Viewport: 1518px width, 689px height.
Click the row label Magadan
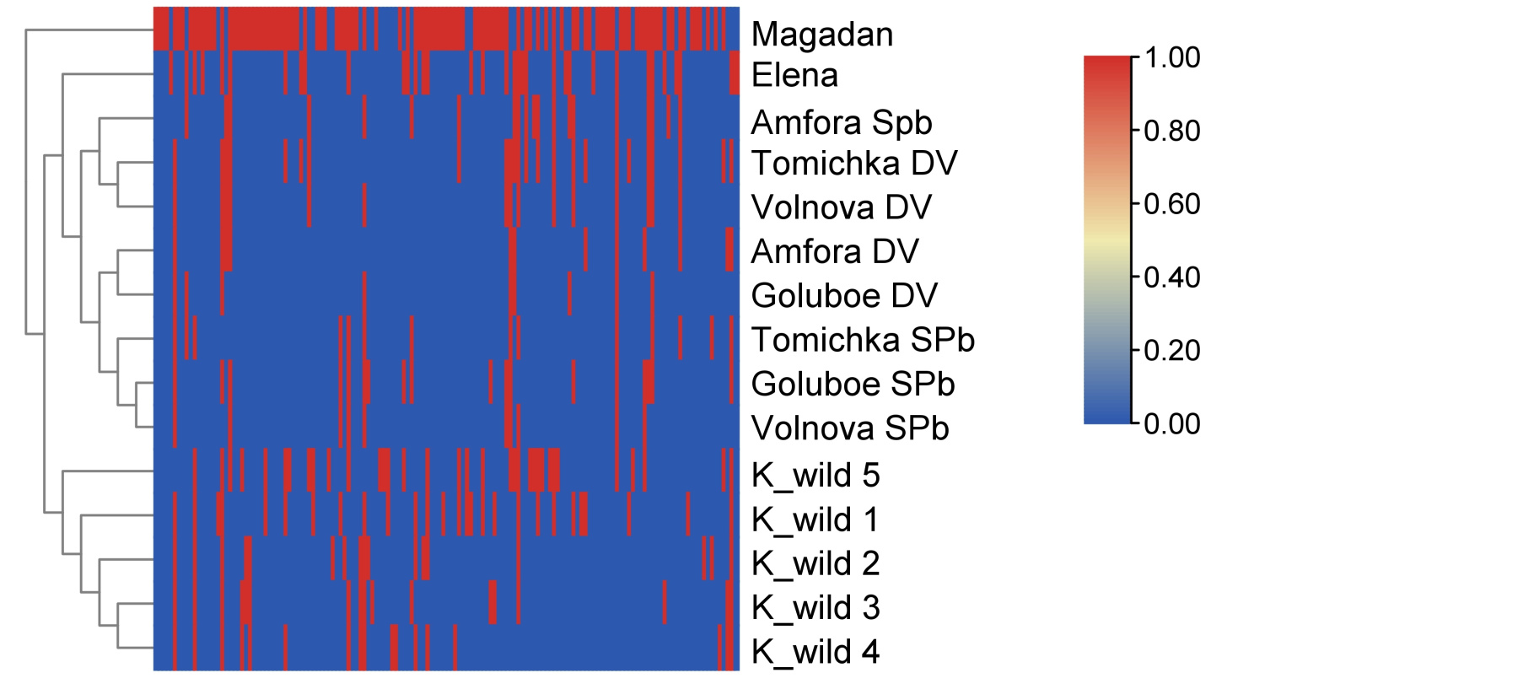(x=821, y=35)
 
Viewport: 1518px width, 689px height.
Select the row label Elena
(x=794, y=76)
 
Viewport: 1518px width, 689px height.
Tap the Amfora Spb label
(x=841, y=123)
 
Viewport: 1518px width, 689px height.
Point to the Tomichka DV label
(x=853, y=164)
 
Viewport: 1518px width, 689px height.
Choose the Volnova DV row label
(x=841, y=207)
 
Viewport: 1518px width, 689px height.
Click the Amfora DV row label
(x=834, y=251)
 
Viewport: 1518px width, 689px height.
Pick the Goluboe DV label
(x=843, y=296)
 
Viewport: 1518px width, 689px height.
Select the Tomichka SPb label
(x=863, y=340)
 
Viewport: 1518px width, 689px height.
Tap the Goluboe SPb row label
(x=853, y=385)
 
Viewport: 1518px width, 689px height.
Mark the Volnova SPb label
(x=850, y=428)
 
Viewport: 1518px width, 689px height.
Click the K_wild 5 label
(x=816, y=476)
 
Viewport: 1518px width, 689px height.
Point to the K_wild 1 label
(x=816, y=519)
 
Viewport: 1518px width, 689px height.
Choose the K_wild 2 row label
(x=816, y=563)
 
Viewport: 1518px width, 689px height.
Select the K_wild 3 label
(x=816, y=607)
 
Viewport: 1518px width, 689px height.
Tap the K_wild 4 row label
(x=816, y=652)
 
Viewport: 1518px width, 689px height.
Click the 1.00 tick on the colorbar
(x=1171, y=57)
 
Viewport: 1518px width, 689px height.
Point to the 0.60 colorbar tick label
(x=1171, y=204)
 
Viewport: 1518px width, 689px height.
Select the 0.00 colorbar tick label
(x=1171, y=423)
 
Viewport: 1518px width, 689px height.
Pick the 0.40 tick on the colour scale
(x=1171, y=277)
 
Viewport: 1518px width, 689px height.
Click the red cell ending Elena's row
(x=734, y=73)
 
